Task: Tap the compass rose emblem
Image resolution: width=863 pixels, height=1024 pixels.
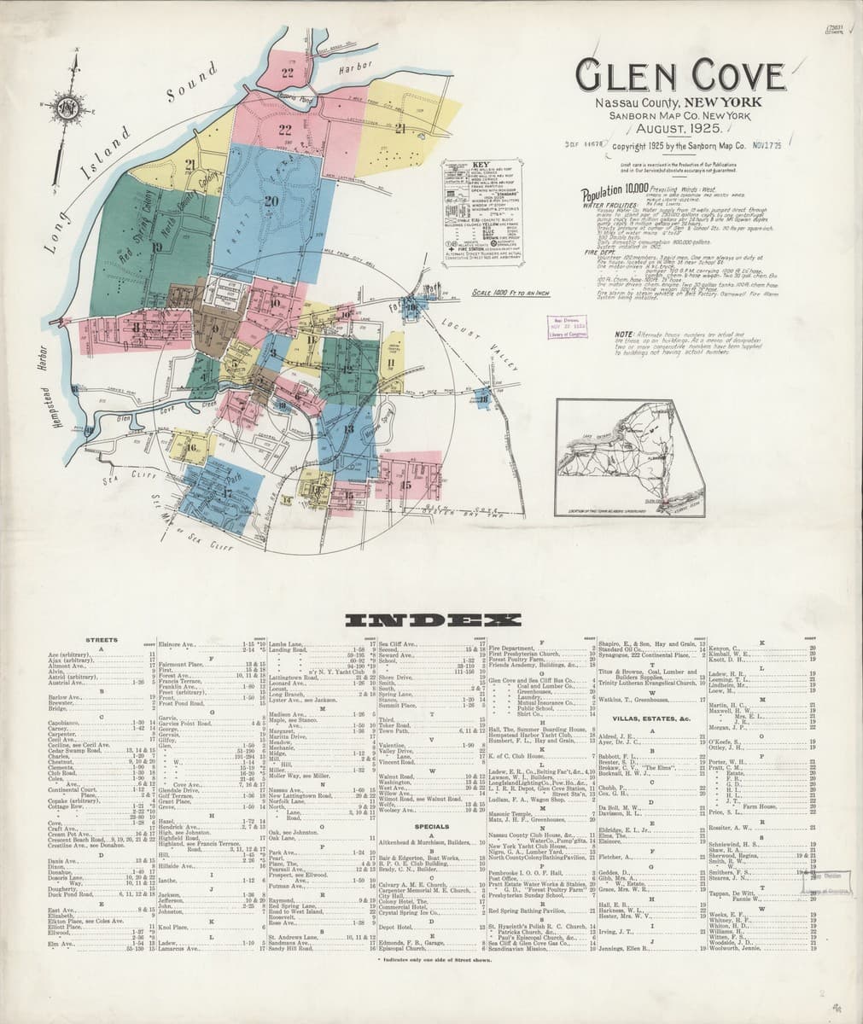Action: coord(67,107)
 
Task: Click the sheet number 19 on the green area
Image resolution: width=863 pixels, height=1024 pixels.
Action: coord(157,247)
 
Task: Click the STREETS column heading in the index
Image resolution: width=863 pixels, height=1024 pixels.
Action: coord(101,638)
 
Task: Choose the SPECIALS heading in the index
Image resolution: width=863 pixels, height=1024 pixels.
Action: coord(431,826)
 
